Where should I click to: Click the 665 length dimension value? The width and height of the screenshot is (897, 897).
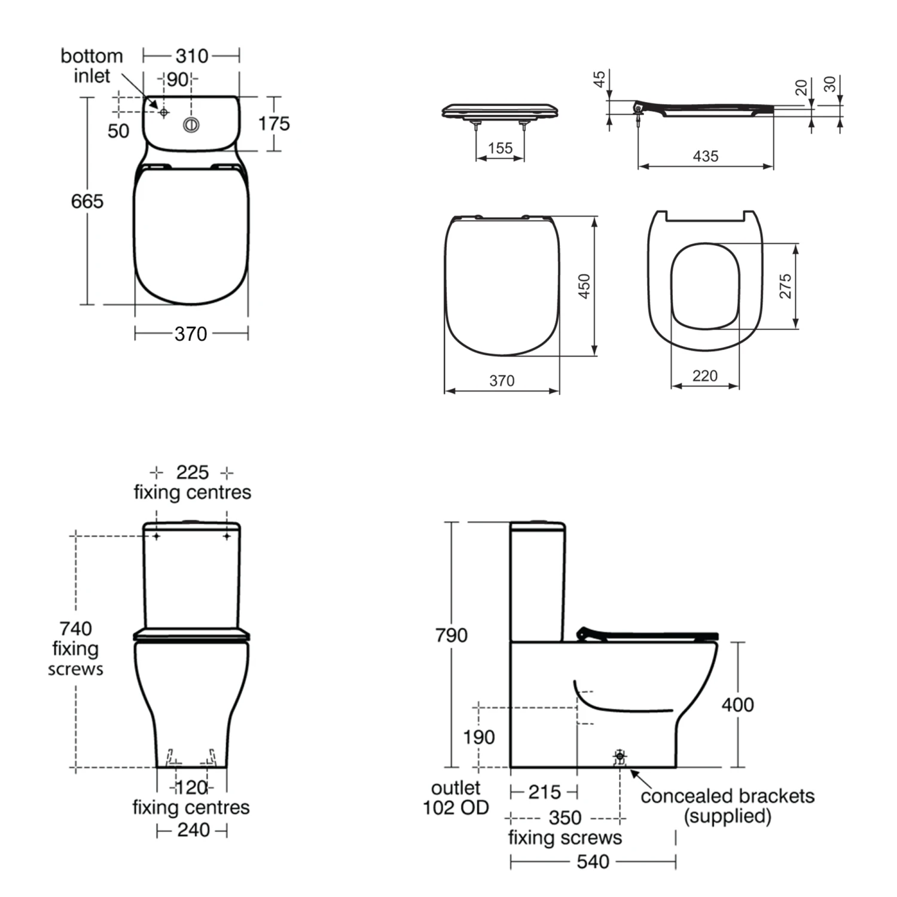pos(87,202)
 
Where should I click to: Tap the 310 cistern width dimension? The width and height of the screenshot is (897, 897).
pos(191,56)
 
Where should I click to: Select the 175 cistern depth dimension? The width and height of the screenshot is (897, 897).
pos(274,124)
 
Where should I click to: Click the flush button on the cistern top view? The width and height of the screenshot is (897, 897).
pos(191,126)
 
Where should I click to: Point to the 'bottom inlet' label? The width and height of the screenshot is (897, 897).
pos(91,66)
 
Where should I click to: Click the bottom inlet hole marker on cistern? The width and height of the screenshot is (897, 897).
pos(164,112)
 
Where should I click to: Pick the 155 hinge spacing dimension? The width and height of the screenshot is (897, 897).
pos(500,148)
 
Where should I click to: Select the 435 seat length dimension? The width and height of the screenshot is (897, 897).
pos(706,156)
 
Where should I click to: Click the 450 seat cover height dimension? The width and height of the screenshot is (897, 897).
pos(584,286)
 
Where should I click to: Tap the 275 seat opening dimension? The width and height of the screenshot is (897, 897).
pos(785,286)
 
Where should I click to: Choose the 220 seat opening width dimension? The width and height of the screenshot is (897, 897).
pos(705,376)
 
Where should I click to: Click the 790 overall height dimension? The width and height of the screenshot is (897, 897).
pos(451,635)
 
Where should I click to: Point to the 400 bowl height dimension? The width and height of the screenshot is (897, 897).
pos(737,704)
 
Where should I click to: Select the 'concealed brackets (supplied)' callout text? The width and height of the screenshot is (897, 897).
pos(727,806)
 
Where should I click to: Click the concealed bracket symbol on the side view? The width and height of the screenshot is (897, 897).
pos(620,756)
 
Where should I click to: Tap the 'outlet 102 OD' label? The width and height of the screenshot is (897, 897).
pos(456,798)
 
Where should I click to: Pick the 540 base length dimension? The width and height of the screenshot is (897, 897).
pos(593,862)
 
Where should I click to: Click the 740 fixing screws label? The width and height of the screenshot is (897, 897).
pos(75,648)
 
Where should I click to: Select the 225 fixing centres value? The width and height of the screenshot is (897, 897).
pos(192,472)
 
